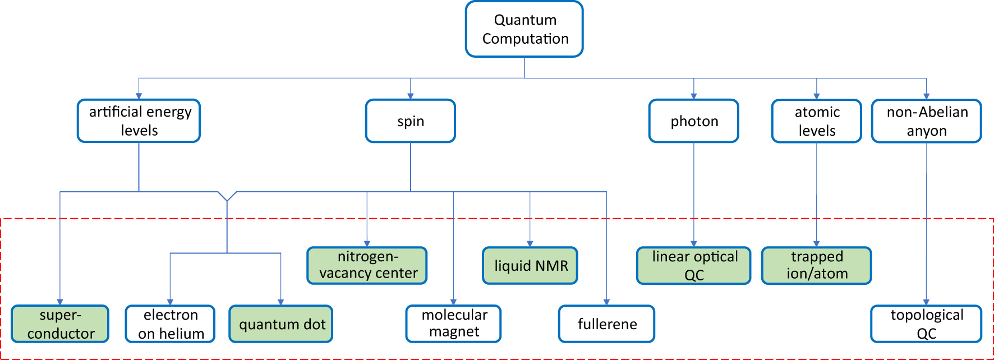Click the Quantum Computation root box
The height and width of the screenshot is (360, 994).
pyautogui.click(x=524, y=29)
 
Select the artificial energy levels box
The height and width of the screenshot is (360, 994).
pyautogui.click(x=139, y=121)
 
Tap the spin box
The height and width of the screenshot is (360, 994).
pyautogui.click(x=410, y=121)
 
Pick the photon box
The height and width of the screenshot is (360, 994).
pyautogui.click(x=693, y=121)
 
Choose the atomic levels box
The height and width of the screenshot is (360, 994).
pyautogui.click(x=816, y=121)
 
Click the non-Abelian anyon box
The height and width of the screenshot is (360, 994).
pyautogui.click(x=926, y=121)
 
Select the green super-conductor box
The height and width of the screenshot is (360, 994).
pyautogui.click(x=60, y=324)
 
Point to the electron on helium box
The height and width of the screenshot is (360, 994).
pyautogui.click(x=170, y=324)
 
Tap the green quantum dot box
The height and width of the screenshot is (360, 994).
pyautogui.click(x=281, y=324)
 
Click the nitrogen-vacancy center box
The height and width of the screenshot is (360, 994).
pyautogui.click(x=367, y=265)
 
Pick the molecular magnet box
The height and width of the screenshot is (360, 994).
pyautogui.click(x=453, y=324)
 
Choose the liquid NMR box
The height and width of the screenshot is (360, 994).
pyautogui.click(x=530, y=265)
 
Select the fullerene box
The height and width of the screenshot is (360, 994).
pyautogui.click(x=606, y=324)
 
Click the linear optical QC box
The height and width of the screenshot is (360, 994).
pyautogui.click(x=693, y=265)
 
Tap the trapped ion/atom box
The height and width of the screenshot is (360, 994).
pyautogui.click(x=816, y=265)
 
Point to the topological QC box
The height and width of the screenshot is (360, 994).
pyautogui.click(x=926, y=324)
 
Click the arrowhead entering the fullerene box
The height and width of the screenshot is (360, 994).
pyautogui.click(x=606, y=302)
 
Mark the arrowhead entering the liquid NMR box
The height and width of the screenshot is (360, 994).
pyautogui.click(x=530, y=244)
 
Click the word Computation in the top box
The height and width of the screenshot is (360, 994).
pyautogui.click(x=526, y=39)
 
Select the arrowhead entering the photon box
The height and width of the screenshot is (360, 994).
pyautogui.click(x=694, y=96)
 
